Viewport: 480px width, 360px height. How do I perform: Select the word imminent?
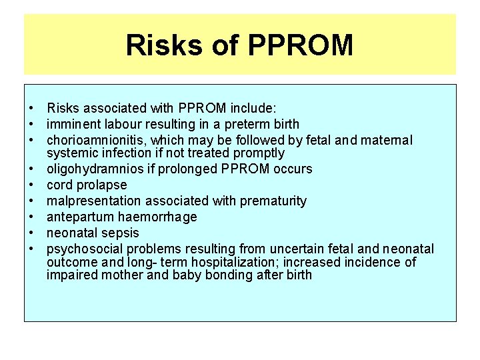[x=72, y=124]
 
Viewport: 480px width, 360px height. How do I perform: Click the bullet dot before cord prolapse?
[x=31, y=185]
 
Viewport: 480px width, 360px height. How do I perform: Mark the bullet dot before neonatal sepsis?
[x=31, y=233]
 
